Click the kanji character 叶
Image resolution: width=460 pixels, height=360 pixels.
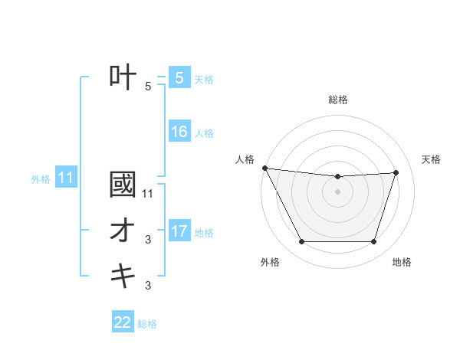[123, 78]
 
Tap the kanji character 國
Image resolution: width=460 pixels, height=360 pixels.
[123, 185]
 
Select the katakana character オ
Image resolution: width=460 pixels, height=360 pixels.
[123, 231]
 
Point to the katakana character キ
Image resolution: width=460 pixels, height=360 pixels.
[123, 276]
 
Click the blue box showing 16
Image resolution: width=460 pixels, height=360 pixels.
[179, 132]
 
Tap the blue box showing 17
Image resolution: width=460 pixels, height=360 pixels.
[179, 231]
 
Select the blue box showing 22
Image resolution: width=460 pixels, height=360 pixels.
[123, 322]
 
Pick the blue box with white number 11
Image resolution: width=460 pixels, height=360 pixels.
[66, 178]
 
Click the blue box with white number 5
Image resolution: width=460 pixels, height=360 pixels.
[179, 78]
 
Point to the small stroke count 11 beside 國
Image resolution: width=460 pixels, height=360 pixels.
[148, 194]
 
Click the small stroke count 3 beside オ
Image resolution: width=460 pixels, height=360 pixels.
[148, 240]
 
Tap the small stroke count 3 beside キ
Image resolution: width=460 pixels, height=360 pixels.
[148, 286]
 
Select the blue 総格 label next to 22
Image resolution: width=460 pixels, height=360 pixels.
[147, 323]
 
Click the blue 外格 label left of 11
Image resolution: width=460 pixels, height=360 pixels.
[41, 179]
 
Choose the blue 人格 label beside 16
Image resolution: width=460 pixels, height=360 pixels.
[204, 133]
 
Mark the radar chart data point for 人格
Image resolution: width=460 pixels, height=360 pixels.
[264, 168]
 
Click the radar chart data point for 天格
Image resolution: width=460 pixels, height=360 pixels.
[396, 172]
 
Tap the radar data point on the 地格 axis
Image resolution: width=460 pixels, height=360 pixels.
[374, 242]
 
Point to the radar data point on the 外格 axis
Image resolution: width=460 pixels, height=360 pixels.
[301, 242]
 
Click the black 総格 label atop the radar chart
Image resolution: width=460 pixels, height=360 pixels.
[338, 100]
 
